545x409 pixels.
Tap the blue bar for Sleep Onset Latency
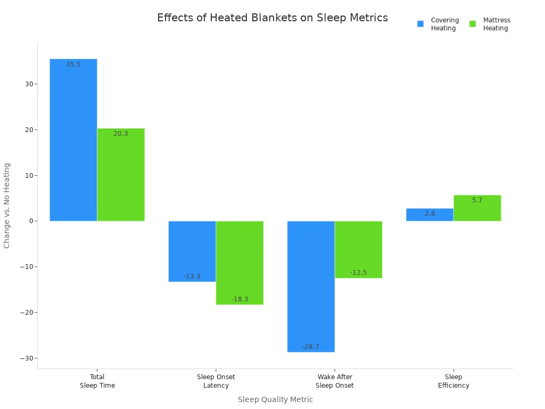[192, 251]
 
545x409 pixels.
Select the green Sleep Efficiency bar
[477, 208]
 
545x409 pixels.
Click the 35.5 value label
[73, 64]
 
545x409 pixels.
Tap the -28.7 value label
[311, 347]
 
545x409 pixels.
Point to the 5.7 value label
[477, 200]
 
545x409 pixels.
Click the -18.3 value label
[240, 299]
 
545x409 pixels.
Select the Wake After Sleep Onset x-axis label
[334, 381]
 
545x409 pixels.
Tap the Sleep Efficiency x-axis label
[453, 381]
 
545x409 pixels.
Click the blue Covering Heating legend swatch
[420, 24]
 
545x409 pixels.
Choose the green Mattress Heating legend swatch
[473, 24]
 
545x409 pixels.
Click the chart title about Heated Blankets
[272, 18]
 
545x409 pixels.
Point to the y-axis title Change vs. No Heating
[7, 206]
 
